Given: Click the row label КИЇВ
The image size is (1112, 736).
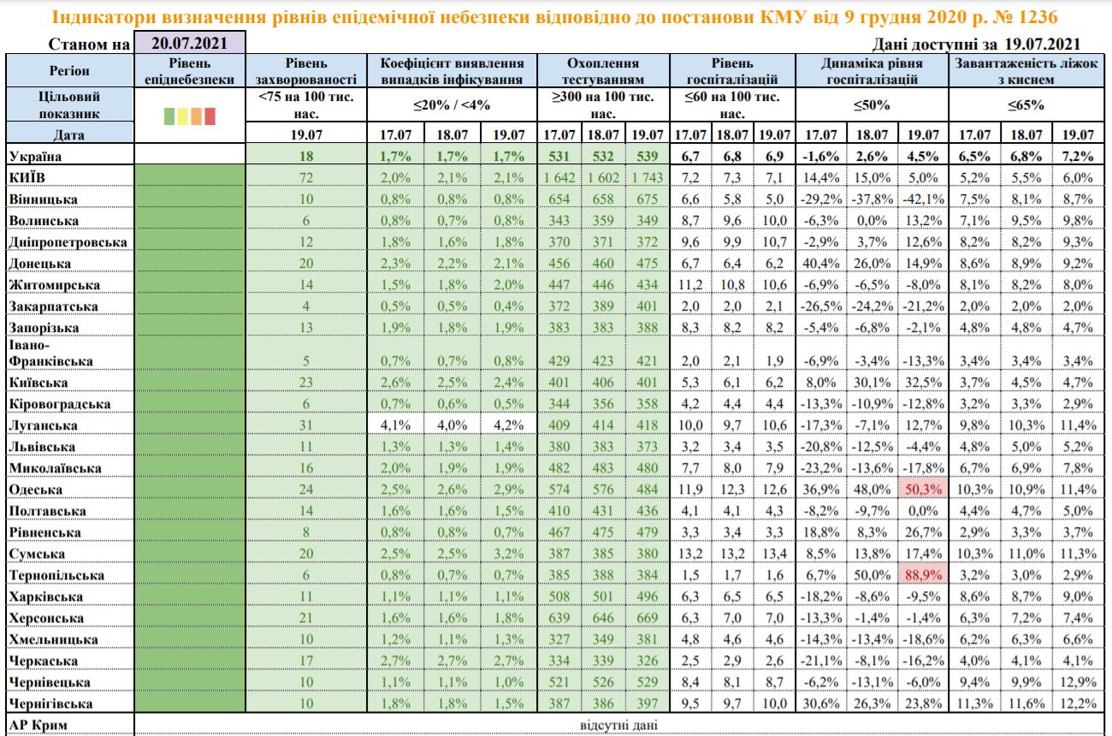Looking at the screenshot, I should click(x=31, y=178).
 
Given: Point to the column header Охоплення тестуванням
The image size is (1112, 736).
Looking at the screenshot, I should click(x=603, y=71).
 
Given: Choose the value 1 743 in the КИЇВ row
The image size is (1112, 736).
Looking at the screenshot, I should click(x=646, y=178).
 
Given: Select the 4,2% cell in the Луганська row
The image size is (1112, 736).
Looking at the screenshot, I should click(x=510, y=425).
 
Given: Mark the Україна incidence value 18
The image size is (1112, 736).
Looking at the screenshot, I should click(x=307, y=157).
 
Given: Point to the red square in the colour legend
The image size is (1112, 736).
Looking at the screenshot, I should click(x=210, y=116).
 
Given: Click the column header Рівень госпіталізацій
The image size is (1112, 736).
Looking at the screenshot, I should click(x=733, y=71).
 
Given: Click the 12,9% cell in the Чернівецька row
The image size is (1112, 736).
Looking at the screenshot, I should click(x=1077, y=682).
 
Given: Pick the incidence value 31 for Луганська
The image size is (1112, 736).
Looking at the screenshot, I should click(x=307, y=425).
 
